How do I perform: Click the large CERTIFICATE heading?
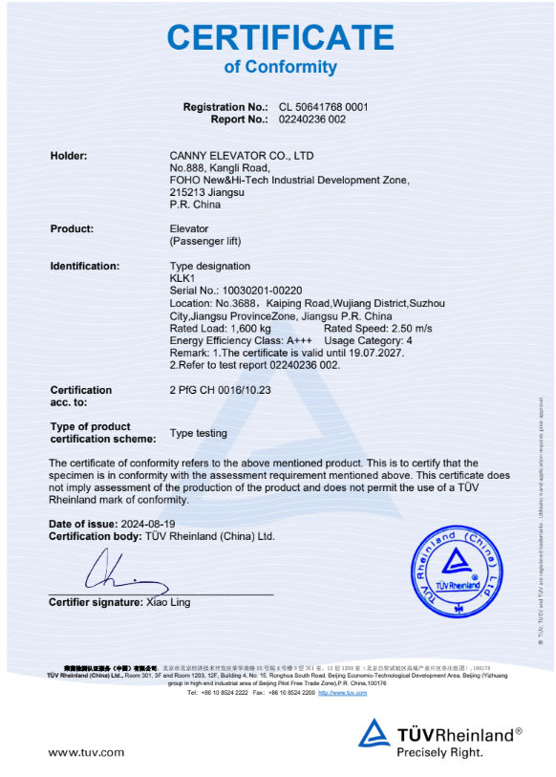280,37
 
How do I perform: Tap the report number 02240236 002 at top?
311,119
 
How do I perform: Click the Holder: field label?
69,155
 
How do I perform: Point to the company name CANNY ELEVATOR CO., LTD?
242,155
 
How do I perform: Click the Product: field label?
72,228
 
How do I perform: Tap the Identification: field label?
85,266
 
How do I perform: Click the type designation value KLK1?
182,278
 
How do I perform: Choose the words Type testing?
199,433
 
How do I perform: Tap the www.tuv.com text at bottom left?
86,752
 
